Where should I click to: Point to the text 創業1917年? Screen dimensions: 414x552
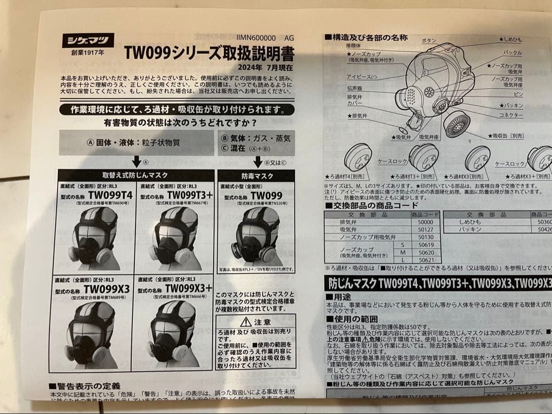(x=87, y=53)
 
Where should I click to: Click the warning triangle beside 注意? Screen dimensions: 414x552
(x=245, y=322)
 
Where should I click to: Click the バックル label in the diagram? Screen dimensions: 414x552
(x=512, y=53)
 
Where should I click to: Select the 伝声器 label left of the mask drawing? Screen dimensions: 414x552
(x=354, y=88)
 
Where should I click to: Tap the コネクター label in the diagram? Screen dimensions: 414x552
(x=511, y=115)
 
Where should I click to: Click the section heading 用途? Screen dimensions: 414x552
(x=342, y=296)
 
